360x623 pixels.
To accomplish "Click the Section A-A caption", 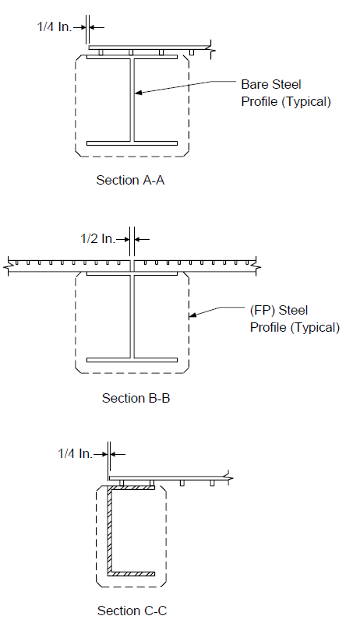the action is click(130, 180).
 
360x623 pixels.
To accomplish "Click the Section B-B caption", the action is click(136, 398).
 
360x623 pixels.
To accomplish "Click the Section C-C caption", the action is click(132, 611).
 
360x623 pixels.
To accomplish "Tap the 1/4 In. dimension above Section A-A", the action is click(55, 27).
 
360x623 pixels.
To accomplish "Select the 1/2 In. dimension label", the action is click(97, 239).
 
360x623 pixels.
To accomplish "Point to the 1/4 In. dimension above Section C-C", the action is click(75, 453).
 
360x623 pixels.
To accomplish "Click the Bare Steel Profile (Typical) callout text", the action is click(286, 93).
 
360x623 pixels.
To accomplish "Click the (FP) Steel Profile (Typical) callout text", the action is click(295, 319).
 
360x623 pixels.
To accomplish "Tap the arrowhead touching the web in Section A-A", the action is click(137, 93).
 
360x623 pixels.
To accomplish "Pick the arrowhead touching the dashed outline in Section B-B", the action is click(192, 315).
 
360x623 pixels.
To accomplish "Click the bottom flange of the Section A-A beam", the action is click(132, 143).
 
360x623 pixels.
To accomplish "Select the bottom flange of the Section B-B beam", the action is click(132, 361).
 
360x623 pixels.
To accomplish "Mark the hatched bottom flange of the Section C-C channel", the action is click(131, 574).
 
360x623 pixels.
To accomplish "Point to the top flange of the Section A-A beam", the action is click(132, 57).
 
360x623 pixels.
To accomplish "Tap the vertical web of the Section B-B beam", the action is click(132, 317).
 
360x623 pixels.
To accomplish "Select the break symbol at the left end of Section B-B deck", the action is click(8, 266).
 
